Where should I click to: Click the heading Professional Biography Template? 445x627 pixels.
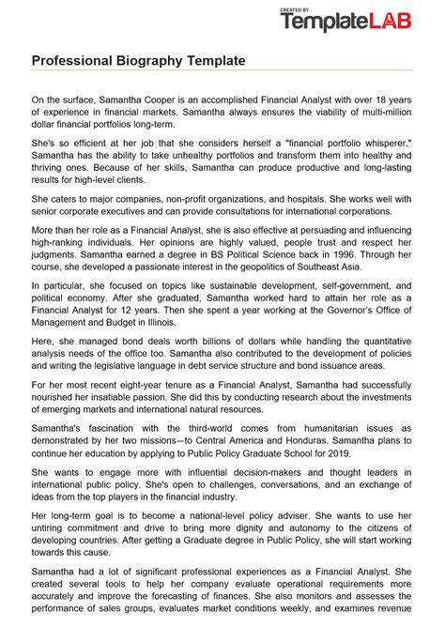coord(139,60)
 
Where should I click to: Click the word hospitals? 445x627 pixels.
coord(299,200)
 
